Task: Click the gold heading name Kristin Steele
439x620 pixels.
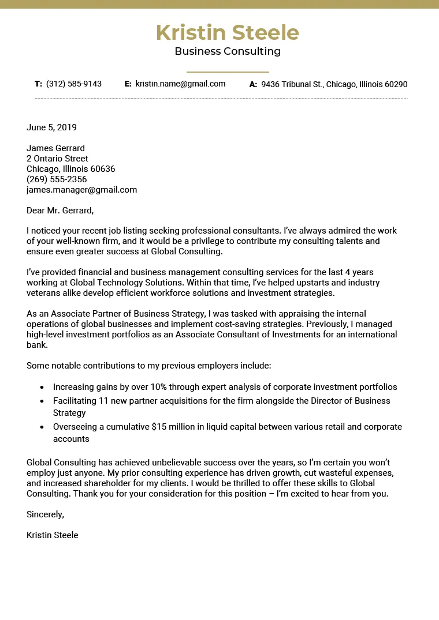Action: (x=228, y=33)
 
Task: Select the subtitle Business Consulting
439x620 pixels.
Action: (x=228, y=51)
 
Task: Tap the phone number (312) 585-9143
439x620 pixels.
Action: (x=74, y=84)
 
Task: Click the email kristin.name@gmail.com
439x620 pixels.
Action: (x=180, y=84)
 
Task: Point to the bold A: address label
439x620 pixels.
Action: (x=253, y=85)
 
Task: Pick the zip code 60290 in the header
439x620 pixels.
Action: (x=396, y=85)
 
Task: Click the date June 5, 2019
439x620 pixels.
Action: (x=51, y=127)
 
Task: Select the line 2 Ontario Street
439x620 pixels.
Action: (x=57, y=159)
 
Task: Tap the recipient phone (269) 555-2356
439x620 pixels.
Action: (x=57, y=179)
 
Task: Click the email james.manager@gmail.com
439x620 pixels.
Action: (x=81, y=190)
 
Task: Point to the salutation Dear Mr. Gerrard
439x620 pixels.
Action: (x=59, y=211)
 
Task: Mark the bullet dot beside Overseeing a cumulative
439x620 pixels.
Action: (x=42, y=427)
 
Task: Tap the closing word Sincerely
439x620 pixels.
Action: (x=45, y=514)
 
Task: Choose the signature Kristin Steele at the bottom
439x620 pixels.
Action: (x=52, y=535)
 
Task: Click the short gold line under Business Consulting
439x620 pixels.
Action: (x=228, y=72)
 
